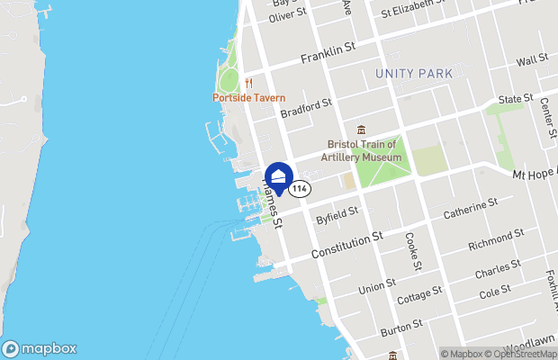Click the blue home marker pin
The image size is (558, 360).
coord(279,175)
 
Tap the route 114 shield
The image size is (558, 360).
coord(300,189)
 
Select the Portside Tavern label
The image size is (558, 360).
coord(249,97)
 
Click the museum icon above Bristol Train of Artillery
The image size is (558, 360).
coord(361,130)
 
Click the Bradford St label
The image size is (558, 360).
coord(306,109)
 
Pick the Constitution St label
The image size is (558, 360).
coord(347,244)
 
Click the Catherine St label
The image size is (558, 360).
coord(471,210)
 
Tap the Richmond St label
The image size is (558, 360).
coord(496,238)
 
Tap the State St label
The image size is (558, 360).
coord(516,97)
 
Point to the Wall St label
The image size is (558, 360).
coord(533,59)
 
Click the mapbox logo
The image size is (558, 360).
coord(40,349)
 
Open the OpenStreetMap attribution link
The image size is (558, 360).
coord(511,353)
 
